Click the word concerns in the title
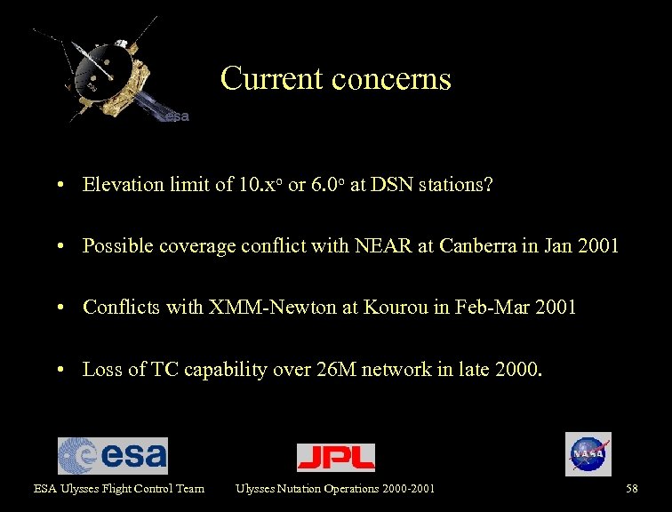pyautogui.click(x=391, y=78)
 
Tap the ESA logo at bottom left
pyautogui.click(x=113, y=455)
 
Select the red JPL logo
pyautogui.click(x=336, y=457)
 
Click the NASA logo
pyautogui.click(x=588, y=454)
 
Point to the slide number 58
pyautogui.click(x=632, y=488)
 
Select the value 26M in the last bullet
pyautogui.click(x=334, y=370)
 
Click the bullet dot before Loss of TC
pyautogui.click(x=58, y=371)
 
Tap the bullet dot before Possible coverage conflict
pyautogui.click(x=58, y=247)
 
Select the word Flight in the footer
pyautogui.click(x=105, y=488)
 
